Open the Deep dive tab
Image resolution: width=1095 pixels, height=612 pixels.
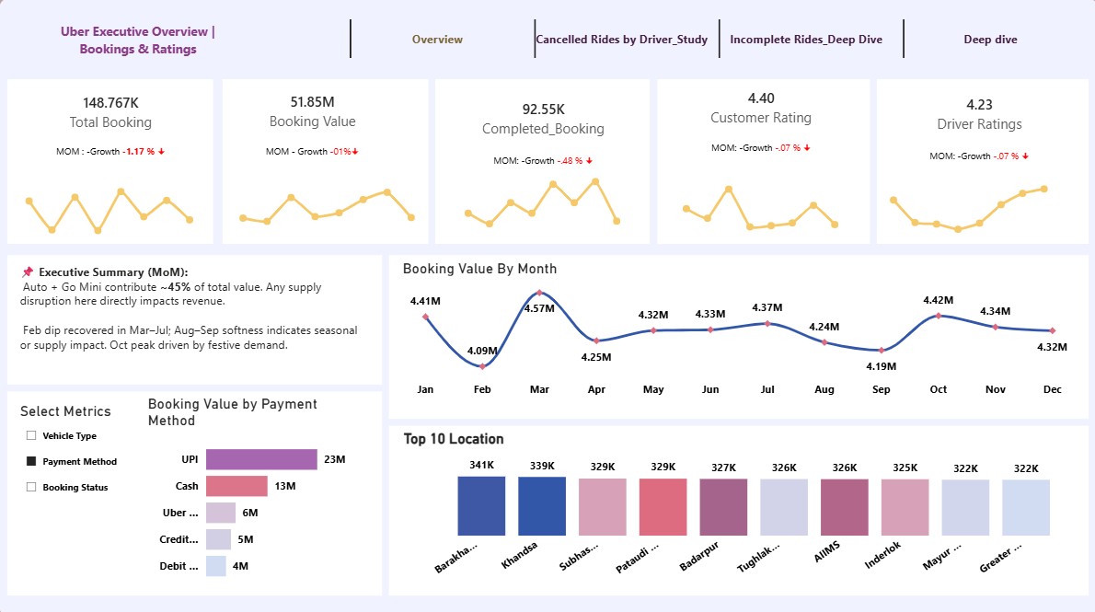(x=990, y=40)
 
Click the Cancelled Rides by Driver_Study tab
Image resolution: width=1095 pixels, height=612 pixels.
(x=621, y=40)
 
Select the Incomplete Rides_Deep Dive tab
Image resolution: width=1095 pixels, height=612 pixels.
(x=806, y=40)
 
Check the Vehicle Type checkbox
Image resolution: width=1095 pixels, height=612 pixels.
(x=31, y=435)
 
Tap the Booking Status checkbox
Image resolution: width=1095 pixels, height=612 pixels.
(x=31, y=487)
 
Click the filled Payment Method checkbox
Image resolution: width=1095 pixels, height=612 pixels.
(x=31, y=461)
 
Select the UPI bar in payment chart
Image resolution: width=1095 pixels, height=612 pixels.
(x=262, y=459)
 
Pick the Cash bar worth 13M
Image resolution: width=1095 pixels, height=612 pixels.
(x=236, y=486)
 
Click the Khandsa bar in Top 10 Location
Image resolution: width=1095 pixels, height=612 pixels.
(x=542, y=506)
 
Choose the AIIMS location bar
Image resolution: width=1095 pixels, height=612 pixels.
(x=845, y=507)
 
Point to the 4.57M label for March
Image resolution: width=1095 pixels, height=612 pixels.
(x=540, y=308)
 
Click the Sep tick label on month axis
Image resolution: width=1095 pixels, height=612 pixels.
(x=882, y=389)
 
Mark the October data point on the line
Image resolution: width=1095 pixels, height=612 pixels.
(x=939, y=316)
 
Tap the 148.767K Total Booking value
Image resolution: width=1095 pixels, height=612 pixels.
(x=111, y=103)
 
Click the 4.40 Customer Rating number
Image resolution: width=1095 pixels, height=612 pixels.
(x=761, y=98)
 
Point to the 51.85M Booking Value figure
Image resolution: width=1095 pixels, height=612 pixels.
(x=312, y=102)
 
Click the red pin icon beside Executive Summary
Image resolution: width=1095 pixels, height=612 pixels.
(x=28, y=271)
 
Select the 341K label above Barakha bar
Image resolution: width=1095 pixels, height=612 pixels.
(x=482, y=466)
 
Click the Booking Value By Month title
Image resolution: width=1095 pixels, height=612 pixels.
(x=479, y=269)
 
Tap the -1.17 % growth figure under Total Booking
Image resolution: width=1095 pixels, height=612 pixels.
(x=139, y=152)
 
